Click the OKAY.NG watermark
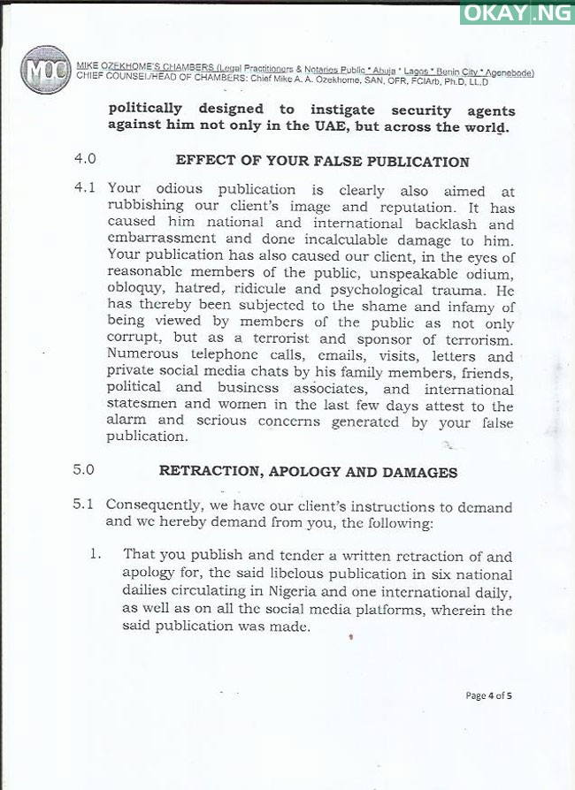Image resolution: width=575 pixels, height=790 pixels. (x=516, y=13)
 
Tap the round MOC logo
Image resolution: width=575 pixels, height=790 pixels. (x=45, y=70)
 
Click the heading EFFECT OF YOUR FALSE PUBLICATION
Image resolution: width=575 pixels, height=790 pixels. (x=322, y=162)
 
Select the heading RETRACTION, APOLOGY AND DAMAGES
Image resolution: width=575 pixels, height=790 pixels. (x=308, y=472)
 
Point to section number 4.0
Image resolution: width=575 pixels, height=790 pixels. (x=84, y=161)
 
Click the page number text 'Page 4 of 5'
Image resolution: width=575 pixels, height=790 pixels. (x=488, y=695)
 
